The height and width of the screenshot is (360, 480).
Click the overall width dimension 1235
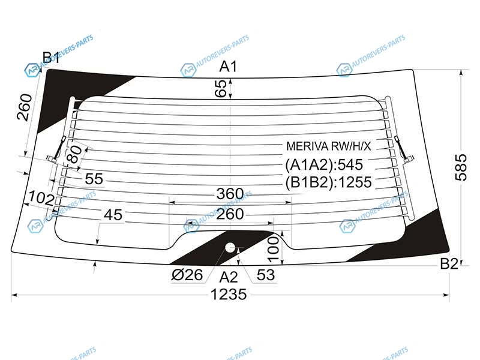click(x=229, y=294)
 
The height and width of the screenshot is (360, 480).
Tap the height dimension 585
click(x=461, y=167)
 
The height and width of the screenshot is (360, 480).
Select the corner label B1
click(x=51, y=58)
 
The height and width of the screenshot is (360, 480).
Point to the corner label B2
click(x=449, y=263)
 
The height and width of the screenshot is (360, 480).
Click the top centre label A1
click(x=229, y=67)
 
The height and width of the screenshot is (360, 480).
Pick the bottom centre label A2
click(x=229, y=277)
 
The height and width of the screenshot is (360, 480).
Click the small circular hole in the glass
click(x=230, y=248)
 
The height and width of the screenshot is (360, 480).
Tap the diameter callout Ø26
click(x=187, y=275)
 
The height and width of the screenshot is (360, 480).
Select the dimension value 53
click(x=265, y=275)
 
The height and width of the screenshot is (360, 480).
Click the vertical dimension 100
click(x=274, y=250)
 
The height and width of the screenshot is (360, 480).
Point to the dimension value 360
click(x=230, y=194)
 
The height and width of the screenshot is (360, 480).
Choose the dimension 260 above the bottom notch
click(x=230, y=214)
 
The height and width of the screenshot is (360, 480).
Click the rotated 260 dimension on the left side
click(x=25, y=107)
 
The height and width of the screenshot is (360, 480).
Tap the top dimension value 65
click(x=220, y=88)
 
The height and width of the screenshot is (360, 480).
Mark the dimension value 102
click(x=41, y=198)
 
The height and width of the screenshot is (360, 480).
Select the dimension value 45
click(x=113, y=215)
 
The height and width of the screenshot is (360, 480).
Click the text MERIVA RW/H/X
click(x=328, y=146)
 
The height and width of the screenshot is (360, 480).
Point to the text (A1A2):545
click(x=324, y=164)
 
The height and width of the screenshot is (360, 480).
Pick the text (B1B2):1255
click(x=328, y=182)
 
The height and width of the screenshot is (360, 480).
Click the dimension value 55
click(x=94, y=179)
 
